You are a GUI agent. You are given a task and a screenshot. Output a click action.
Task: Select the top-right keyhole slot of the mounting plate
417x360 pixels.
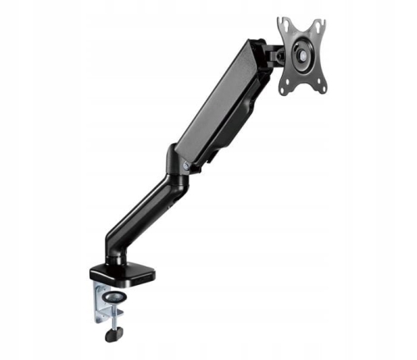click(319, 26)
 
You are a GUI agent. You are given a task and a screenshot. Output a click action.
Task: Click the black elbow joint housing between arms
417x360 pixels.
click(173, 162)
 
